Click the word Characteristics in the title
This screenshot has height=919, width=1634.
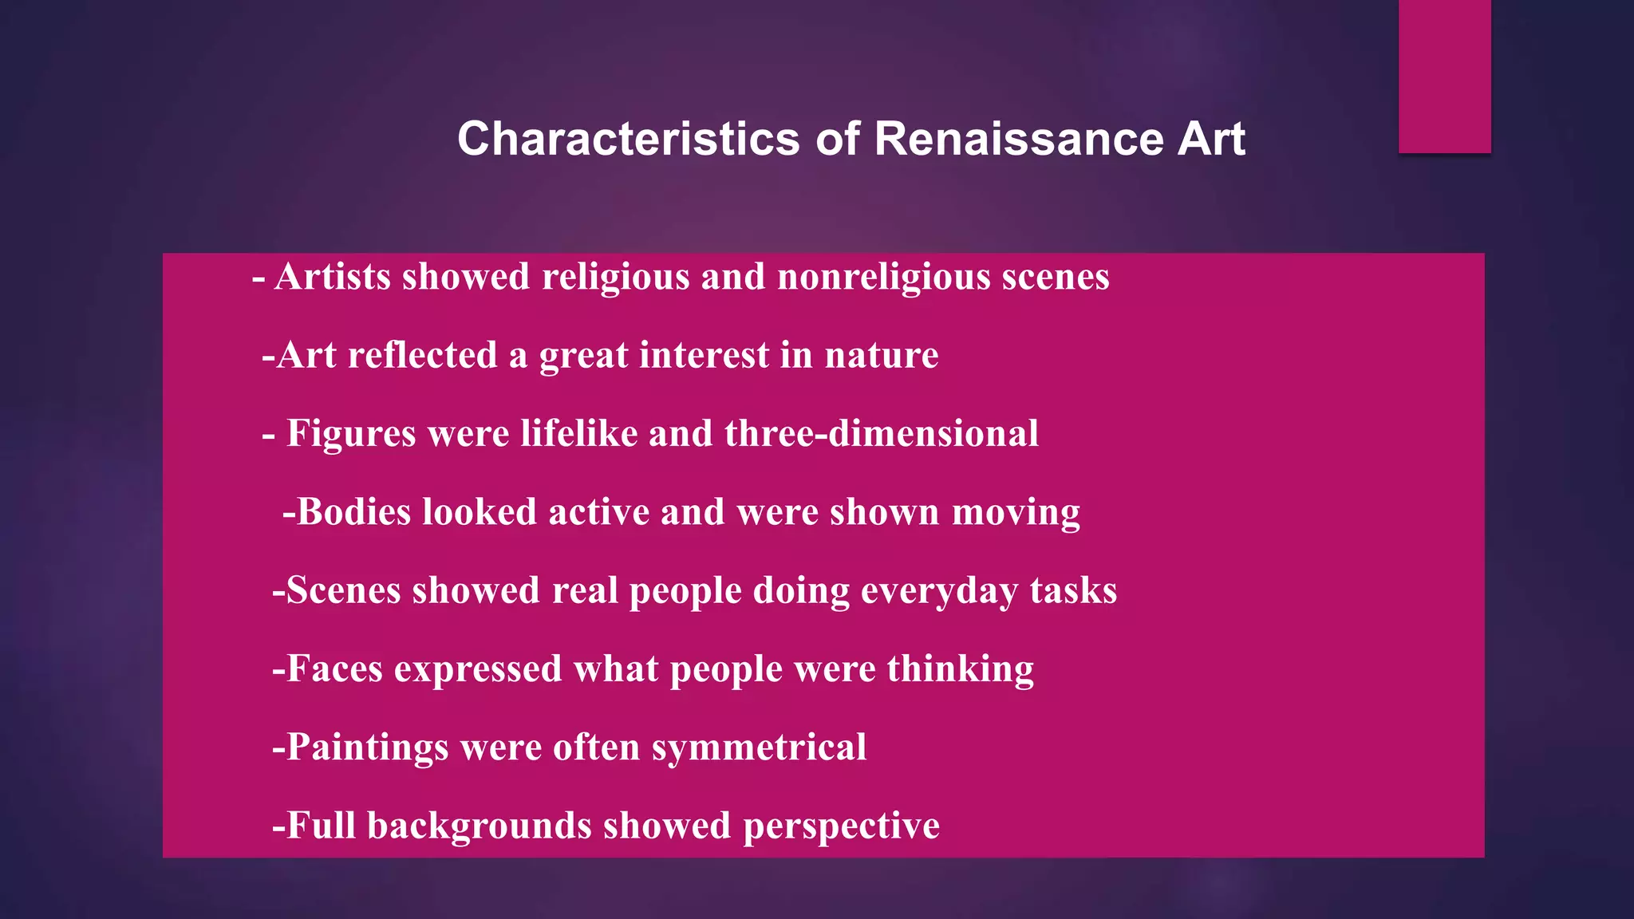[628, 139]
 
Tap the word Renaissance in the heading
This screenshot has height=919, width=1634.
[1019, 139]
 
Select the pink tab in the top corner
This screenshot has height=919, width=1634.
[1444, 76]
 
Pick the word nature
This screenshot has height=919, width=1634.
[881, 355]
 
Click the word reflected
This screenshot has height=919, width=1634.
[422, 355]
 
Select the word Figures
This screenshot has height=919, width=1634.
[351, 434]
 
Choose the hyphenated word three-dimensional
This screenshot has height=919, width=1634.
[881, 433]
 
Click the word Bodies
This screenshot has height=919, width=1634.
[353, 512]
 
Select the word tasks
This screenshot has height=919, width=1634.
[1073, 590]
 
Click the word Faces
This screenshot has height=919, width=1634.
[334, 669]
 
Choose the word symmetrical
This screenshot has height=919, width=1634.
[759, 748]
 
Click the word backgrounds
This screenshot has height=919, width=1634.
[479, 826]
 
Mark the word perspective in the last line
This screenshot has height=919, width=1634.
[841, 826]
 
